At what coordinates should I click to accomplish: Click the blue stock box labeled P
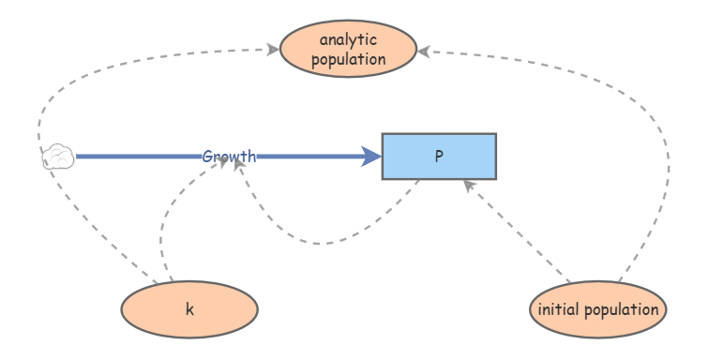click(x=438, y=157)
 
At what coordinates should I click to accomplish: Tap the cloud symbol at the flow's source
click(x=58, y=157)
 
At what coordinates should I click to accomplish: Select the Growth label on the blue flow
click(x=229, y=157)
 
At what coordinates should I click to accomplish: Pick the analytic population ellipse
click(x=348, y=50)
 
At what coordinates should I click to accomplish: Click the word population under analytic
click(x=348, y=59)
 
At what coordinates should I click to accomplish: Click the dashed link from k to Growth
click(x=164, y=225)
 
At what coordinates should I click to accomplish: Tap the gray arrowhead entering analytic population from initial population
click(x=423, y=52)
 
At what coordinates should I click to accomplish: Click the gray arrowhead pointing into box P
click(x=470, y=187)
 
